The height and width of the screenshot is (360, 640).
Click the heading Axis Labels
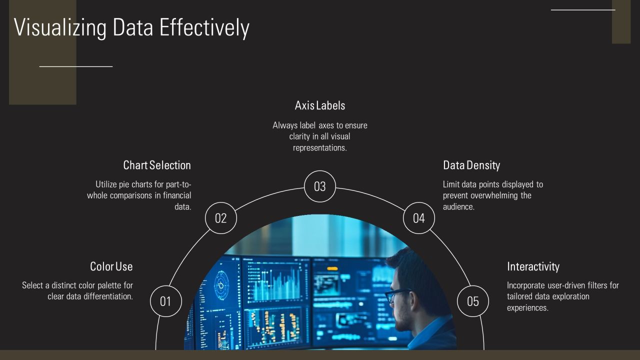tap(320, 105)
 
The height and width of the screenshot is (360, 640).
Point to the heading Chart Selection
tap(157, 165)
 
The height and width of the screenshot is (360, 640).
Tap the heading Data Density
tap(471, 165)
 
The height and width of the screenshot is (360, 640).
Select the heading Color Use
tap(111, 266)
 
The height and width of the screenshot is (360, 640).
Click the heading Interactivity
tap(533, 266)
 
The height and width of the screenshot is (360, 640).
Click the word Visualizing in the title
tap(60, 27)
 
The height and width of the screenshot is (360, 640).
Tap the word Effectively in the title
tap(204, 27)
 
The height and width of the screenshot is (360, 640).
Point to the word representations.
tap(319, 147)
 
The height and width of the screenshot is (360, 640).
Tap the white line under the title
tap(76, 66)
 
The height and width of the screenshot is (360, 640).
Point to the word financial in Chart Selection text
tap(177, 195)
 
